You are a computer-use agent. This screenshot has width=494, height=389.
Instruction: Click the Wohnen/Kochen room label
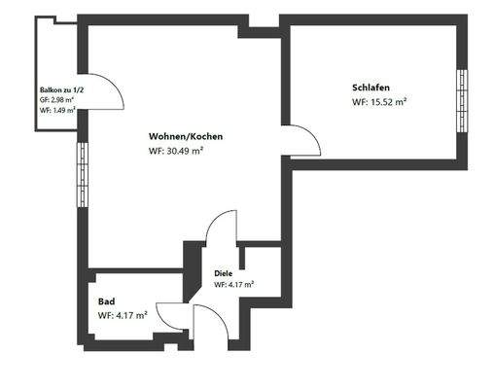[186, 136]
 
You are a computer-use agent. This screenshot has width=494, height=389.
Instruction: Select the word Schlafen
[370, 87]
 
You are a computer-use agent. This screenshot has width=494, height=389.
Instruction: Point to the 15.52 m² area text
[379, 101]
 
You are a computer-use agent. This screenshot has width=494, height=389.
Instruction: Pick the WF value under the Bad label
[123, 316]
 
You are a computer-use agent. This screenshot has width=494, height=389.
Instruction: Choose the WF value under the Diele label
[233, 285]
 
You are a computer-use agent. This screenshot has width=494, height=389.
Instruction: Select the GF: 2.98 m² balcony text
[57, 99]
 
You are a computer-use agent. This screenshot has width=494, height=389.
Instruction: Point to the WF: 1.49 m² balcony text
[57, 110]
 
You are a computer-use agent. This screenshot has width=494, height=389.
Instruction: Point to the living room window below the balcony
[81, 175]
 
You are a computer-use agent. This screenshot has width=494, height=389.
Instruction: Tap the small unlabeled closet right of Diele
[260, 271]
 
